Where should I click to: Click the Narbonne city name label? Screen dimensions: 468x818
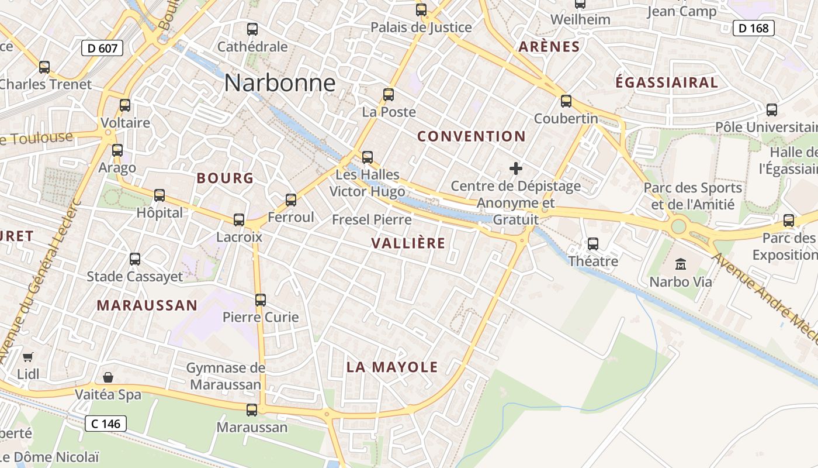(x=280, y=83)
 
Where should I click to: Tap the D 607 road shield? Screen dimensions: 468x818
(x=103, y=48)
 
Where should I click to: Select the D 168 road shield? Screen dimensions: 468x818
(x=753, y=27)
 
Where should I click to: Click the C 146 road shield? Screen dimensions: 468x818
(x=105, y=423)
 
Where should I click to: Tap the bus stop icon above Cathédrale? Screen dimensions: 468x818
(x=252, y=29)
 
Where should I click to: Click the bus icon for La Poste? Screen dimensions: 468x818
(x=389, y=95)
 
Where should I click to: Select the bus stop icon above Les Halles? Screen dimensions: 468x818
(x=368, y=157)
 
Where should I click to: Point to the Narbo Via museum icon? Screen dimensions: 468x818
(x=681, y=264)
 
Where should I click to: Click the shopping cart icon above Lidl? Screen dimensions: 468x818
(x=27, y=357)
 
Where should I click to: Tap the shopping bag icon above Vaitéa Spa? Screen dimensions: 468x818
(x=108, y=377)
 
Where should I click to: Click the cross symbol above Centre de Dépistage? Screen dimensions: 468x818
(x=516, y=169)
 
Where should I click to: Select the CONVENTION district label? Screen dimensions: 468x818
(x=472, y=136)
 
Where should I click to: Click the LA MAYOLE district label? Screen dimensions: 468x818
(x=392, y=367)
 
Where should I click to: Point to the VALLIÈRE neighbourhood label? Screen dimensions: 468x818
(x=408, y=243)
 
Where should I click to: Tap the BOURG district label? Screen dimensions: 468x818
(x=225, y=178)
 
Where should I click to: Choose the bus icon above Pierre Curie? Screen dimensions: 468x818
(x=261, y=300)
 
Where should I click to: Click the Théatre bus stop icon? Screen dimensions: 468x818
(x=593, y=244)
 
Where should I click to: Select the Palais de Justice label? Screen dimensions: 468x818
(x=421, y=27)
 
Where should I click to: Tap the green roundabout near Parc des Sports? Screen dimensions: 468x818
(x=678, y=226)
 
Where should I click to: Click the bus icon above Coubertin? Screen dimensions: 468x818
(x=566, y=101)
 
